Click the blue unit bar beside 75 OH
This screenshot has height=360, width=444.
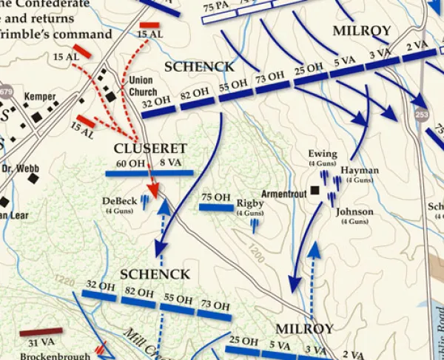point(216,208)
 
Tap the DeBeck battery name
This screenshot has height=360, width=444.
point(119,200)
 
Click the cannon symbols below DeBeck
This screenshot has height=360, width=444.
point(147,200)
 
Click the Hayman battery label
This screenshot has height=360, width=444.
point(360,170)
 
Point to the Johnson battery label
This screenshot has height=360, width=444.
point(354,211)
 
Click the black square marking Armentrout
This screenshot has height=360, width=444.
point(314,191)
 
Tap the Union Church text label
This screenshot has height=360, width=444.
point(143,86)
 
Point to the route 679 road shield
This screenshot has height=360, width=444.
point(6,92)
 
